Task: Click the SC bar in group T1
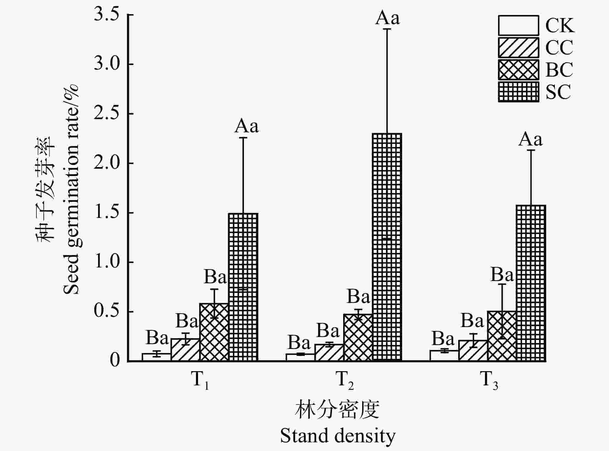pos(243,287)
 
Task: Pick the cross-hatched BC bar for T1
pos(214,332)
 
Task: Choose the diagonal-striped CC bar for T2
pos(329,352)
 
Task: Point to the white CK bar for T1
pos(157,357)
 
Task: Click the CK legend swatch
pos(518,25)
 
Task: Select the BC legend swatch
pos(518,70)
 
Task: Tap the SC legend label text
pos(558,92)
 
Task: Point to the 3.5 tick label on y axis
pos(106,15)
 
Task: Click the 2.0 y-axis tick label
pos(106,164)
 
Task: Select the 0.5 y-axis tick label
pos(106,312)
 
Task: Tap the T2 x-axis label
pos(344,380)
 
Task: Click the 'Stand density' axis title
pos(337,436)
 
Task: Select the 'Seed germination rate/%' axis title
pos(71,190)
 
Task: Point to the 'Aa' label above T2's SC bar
pos(387,18)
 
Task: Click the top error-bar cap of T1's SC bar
pos(243,138)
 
